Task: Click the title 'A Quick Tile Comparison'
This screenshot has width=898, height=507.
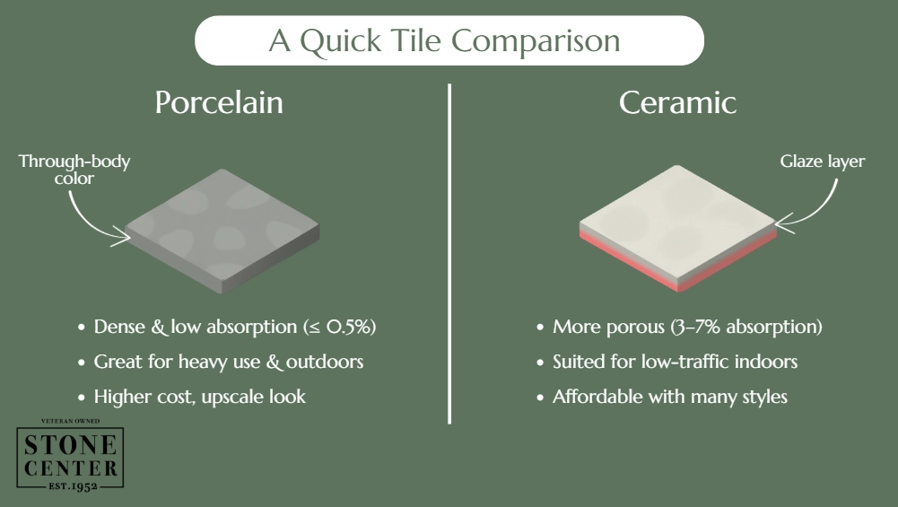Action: coord(449,41)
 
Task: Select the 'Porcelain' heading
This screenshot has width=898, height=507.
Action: coord(219,101)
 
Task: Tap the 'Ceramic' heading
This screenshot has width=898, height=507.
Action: coord(677,101)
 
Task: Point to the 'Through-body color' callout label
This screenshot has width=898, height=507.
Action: coord(74,170)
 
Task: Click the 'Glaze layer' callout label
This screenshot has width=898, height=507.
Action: coord(822,162)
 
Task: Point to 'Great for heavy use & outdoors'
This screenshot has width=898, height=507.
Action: coord(229,362)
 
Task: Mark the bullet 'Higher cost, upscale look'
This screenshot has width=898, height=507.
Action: coord(200,396)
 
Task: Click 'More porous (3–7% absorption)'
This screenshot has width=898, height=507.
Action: coord(687,327)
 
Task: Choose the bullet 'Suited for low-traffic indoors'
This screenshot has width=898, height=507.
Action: coord(676,362)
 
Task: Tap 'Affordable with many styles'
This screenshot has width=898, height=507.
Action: coord(670,396)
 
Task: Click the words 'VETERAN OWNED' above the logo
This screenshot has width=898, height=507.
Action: coord(70,421)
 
